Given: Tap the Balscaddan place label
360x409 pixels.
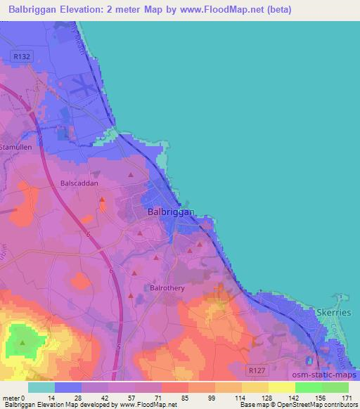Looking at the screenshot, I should [79, 183].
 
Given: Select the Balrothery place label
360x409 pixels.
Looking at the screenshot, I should [167, 287].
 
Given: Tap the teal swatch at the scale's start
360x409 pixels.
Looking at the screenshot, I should [41, 387].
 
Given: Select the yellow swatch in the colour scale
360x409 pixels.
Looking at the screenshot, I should [281, 387].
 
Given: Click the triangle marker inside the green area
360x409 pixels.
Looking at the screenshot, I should [22, 343].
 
